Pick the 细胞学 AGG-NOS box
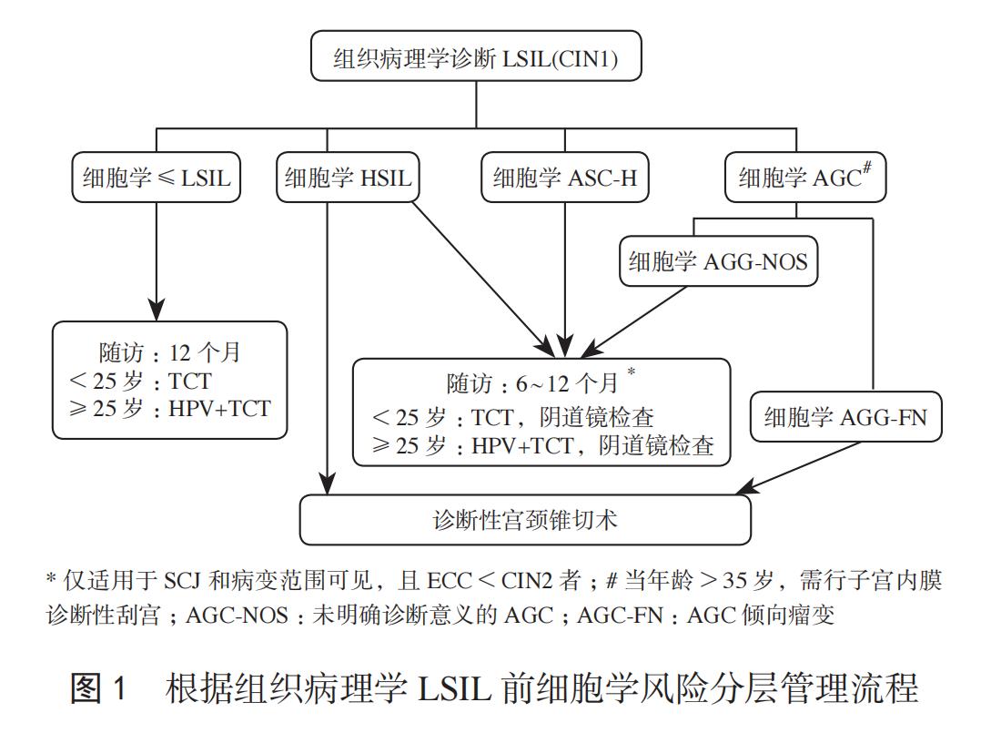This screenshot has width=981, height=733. pyautogui.click(x=718, y=262)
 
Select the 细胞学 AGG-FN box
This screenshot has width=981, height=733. pyautogui.click(x=844, y=417)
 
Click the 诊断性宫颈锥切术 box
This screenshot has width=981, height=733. pyautogui.click(x=525, y=520)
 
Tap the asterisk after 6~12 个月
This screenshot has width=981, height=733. pyautogui.click(x=631, y=372)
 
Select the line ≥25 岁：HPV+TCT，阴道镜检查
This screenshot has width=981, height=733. pyautogui.click(x=543, y=445)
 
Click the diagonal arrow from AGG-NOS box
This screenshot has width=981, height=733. pyautogui.click(x=637, y=319)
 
